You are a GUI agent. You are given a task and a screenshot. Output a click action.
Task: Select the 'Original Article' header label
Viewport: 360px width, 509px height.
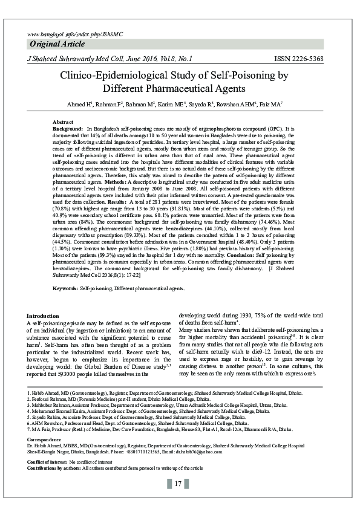pyautogui.click(x=58, y=46)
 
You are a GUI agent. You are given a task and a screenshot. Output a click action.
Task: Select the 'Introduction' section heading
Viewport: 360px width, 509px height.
pyautogui.click(x=44, y=316)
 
